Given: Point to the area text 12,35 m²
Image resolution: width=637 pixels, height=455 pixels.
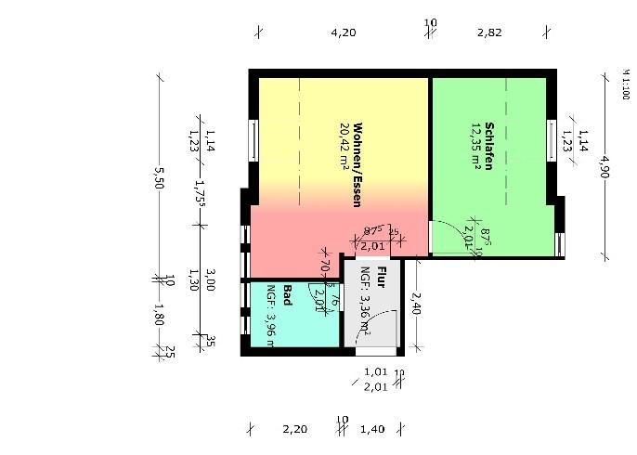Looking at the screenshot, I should point(475,147).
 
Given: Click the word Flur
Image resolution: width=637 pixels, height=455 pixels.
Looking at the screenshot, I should point(380,277).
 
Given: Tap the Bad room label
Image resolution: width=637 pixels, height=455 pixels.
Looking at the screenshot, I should point(288,294).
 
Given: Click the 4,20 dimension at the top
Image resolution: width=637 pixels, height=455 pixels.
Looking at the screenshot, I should point(344,32).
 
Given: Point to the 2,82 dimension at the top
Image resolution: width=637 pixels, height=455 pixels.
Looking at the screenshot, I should point(489,32).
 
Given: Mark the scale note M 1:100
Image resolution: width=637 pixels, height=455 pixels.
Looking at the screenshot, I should point(624,84).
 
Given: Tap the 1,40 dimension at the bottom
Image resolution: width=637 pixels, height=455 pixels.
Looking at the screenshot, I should point(371,430).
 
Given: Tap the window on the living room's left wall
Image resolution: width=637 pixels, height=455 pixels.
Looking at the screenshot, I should point(253,139).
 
